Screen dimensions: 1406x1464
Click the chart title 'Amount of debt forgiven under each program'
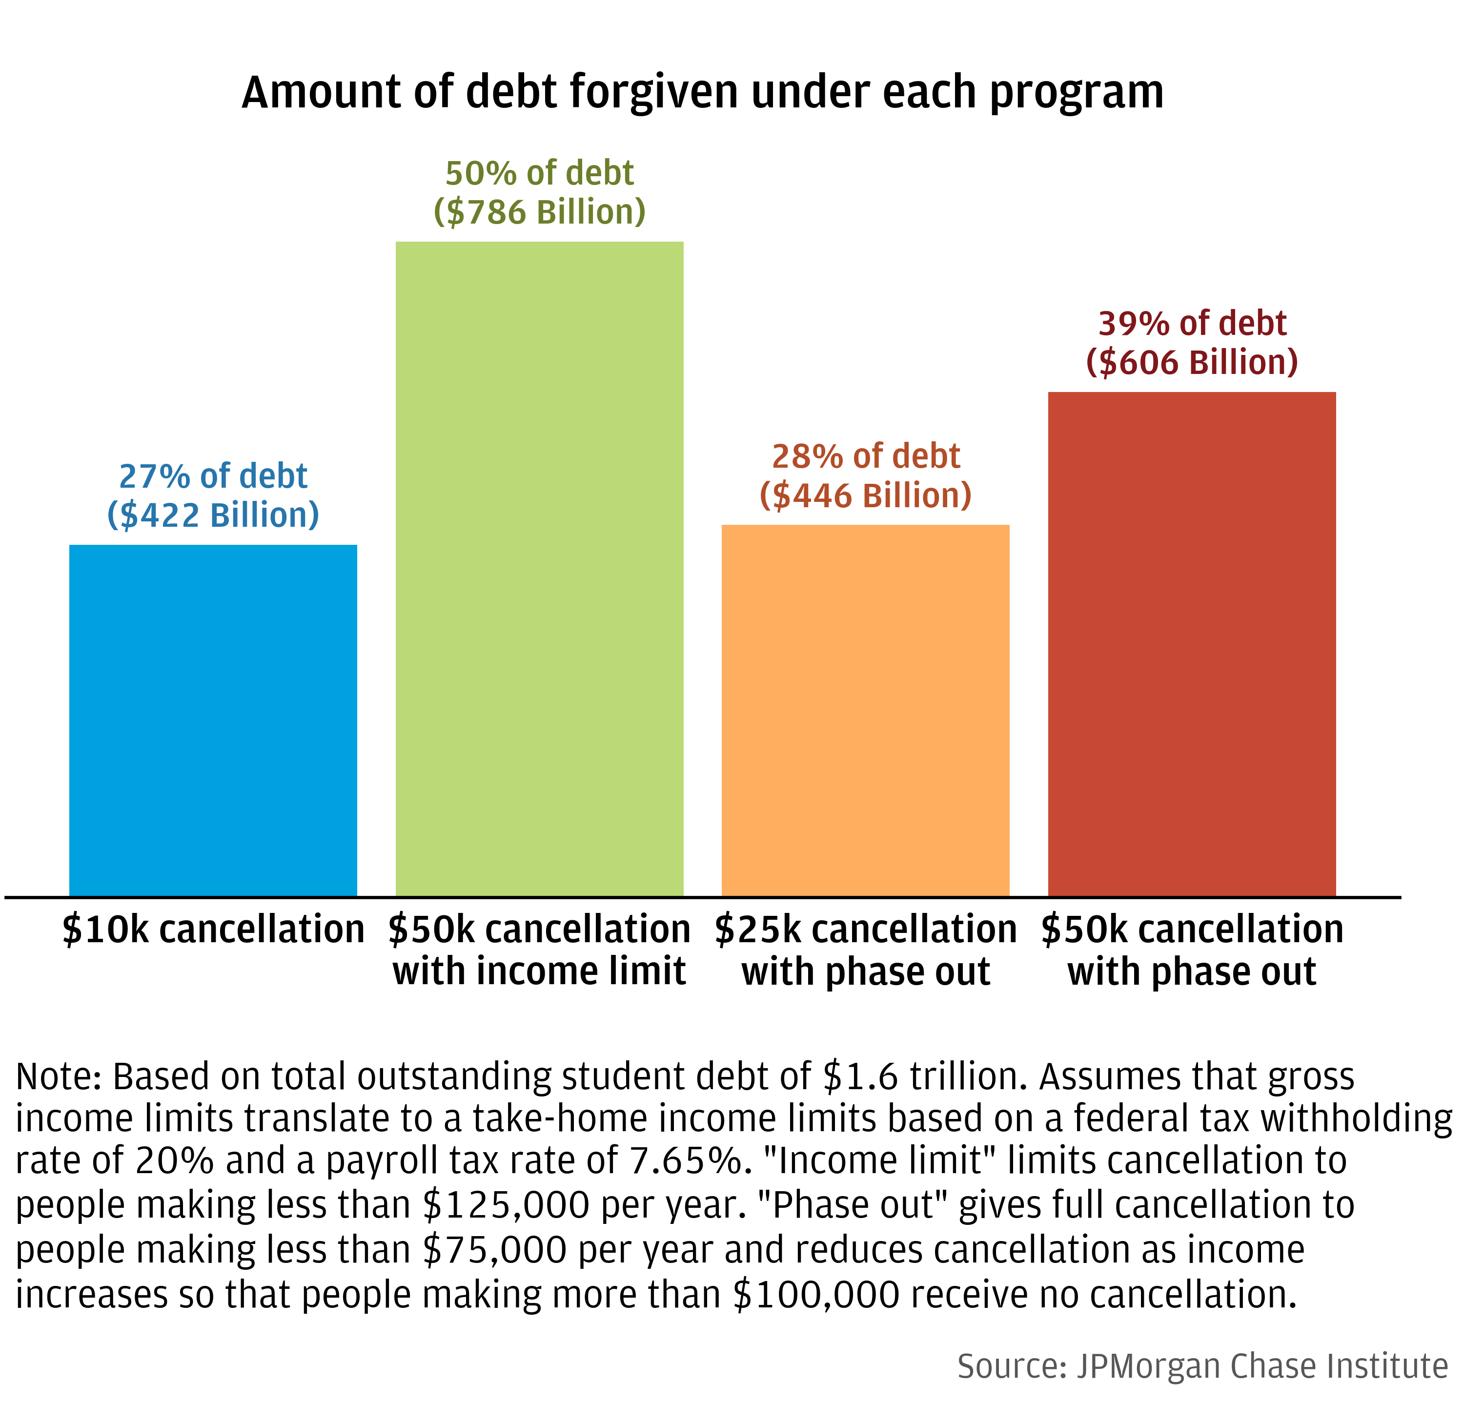point(702,93)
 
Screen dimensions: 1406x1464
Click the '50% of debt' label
point(539,173)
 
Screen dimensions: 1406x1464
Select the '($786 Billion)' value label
point(539,212)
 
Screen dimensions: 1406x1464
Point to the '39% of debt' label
point(1192,324)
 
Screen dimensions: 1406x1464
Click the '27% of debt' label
point(213,476)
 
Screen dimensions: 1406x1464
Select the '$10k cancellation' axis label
point(213,930)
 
